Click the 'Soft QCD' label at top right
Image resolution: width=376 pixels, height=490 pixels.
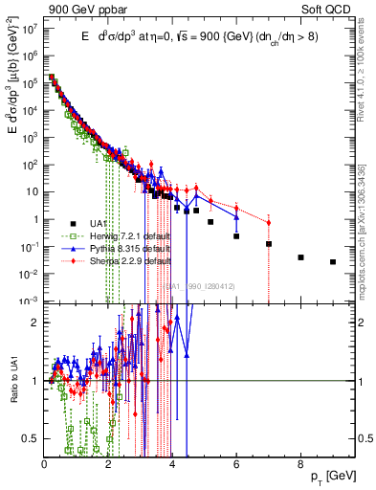pos(333,9)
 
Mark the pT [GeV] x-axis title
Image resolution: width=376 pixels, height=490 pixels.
pos(341,476)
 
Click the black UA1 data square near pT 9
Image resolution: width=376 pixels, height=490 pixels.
pos(332,261)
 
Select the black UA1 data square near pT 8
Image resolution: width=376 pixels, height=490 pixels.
pos(300,256)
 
